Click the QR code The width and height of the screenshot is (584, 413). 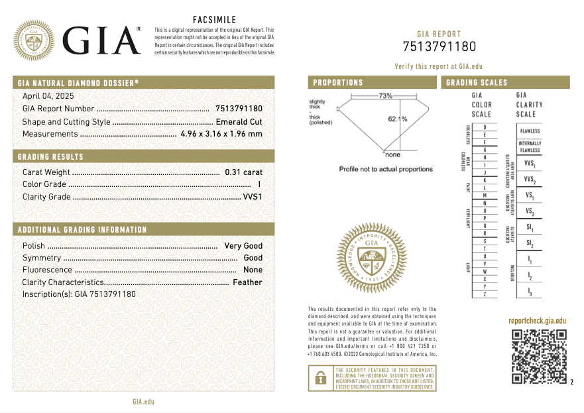pyautogui.click(x=538, y=356)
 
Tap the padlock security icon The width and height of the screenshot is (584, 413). pyautogui.click(x=320, y=378)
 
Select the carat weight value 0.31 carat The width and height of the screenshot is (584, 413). pyautogui.click(x=243, y=172)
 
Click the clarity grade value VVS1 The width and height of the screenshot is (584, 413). pyautogui.click(x=253, y=197)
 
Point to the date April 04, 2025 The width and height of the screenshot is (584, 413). pyautogui.click(x=48, y=96)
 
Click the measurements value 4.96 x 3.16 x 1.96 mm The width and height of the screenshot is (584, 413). pyautogui.click(x=221, y=134)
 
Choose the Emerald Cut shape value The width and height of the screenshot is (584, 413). pyautogui.click(x=239, y=122)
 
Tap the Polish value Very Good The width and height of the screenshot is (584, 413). pyautogui.click(x=243, y=246)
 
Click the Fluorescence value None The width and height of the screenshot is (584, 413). pyautogui.click(x=253, y=270)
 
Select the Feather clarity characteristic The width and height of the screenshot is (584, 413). pyautogui.click(x=247, y=282)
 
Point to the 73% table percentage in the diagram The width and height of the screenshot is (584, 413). pyautogui.click(x=385, y=96)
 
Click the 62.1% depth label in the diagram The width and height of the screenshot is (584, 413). pyautogui.click(x=398, y=119)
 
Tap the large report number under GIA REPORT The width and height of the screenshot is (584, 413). pyautogui.click(x=439, y=46)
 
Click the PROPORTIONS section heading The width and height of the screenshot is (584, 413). pyautogui.click(x=338, y=83)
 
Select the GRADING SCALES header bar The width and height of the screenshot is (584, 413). pyautogui.click(x=504, y=83)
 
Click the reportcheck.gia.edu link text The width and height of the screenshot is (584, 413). pyautogui.click(x=537, y=321)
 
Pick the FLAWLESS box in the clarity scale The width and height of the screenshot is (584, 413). pyautogui.click(x=530, y=131)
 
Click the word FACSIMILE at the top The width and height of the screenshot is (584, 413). pyautogui.click(x=213, y=20)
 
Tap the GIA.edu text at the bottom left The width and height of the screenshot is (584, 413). pyautogui.click(x=143, y=402)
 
